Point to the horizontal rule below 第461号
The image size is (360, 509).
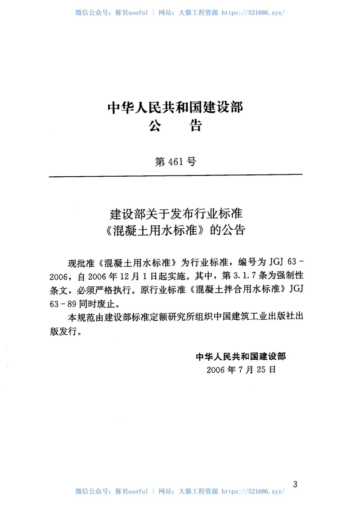click(175, 175)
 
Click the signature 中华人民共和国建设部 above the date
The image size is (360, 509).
click(241, 357)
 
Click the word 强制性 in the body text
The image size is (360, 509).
click(291, 275)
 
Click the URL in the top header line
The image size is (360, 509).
click(253, 13)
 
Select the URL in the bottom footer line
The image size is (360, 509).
click(253, 491)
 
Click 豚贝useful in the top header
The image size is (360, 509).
click(131, 13)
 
